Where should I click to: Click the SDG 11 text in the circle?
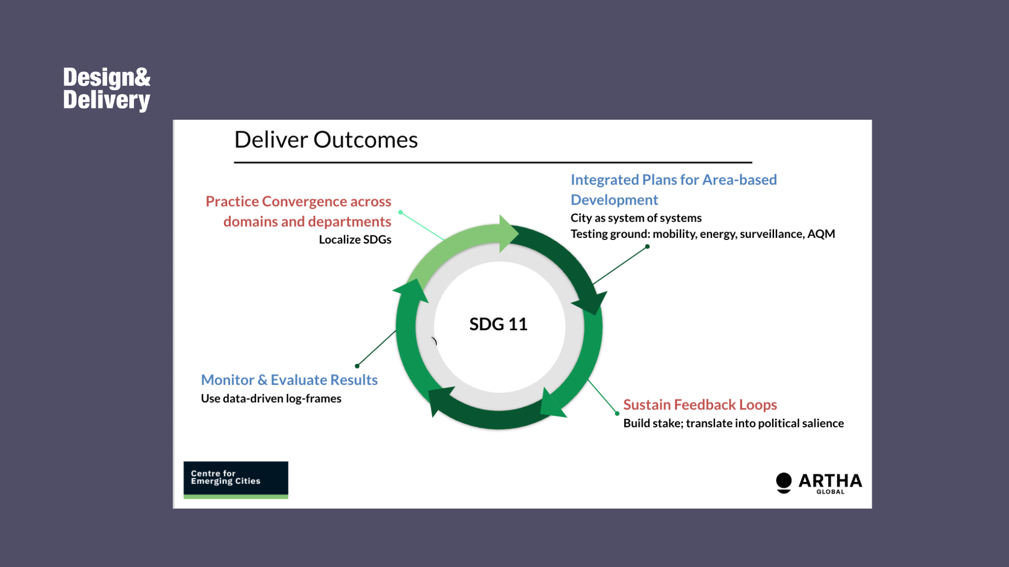tap(498, 324)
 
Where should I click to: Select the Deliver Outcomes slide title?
tap(326, 140)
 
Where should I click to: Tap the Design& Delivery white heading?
tap(107, 89)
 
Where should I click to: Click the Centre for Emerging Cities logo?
tap(236, 480)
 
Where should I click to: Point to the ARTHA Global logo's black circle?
tap(784, 480)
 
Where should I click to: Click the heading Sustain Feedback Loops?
tap(700, 405)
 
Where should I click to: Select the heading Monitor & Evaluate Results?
tap(289, 380)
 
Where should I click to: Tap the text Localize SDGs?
tap(355, 239)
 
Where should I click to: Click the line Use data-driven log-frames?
tap(271, 398)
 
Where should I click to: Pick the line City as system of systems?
tap(636, 218)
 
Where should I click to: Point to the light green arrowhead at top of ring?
tap(509, 234)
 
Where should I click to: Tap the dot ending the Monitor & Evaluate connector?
tap(357, 366)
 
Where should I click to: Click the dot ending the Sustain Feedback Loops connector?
tap(617, 414)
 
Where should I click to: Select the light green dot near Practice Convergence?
tap(400, 213)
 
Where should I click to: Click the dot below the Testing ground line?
tap(647, 246)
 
